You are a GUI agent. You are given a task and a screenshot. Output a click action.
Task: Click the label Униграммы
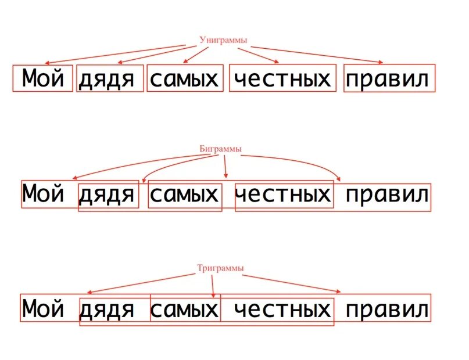pos(223,40)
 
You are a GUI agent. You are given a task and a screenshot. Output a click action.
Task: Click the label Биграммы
pos(220,149)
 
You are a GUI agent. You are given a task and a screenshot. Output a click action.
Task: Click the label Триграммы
pos(220,268)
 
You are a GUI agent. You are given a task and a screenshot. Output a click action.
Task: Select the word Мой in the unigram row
pos(42,78)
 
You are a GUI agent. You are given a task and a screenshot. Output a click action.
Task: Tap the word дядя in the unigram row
pos(110,79)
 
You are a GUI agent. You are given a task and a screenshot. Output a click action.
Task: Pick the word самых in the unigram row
pos(184,79)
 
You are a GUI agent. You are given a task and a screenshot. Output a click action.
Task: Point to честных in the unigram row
pos(282,78)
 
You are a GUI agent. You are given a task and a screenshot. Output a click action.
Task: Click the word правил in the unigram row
pos(389,79)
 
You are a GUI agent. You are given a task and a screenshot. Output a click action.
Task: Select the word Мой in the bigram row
pos(42,194)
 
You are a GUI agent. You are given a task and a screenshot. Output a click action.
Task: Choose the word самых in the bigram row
pos(184,195)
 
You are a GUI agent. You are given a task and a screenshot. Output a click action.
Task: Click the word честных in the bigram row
pos(282,194)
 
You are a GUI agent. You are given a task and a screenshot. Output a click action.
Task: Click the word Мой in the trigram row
pos(42,308)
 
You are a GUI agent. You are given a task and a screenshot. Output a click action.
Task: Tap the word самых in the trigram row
pos(184,309)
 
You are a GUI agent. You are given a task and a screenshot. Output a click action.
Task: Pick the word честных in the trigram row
pos(282,309)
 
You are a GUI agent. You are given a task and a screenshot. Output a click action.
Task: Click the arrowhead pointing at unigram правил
pos(381,63)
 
